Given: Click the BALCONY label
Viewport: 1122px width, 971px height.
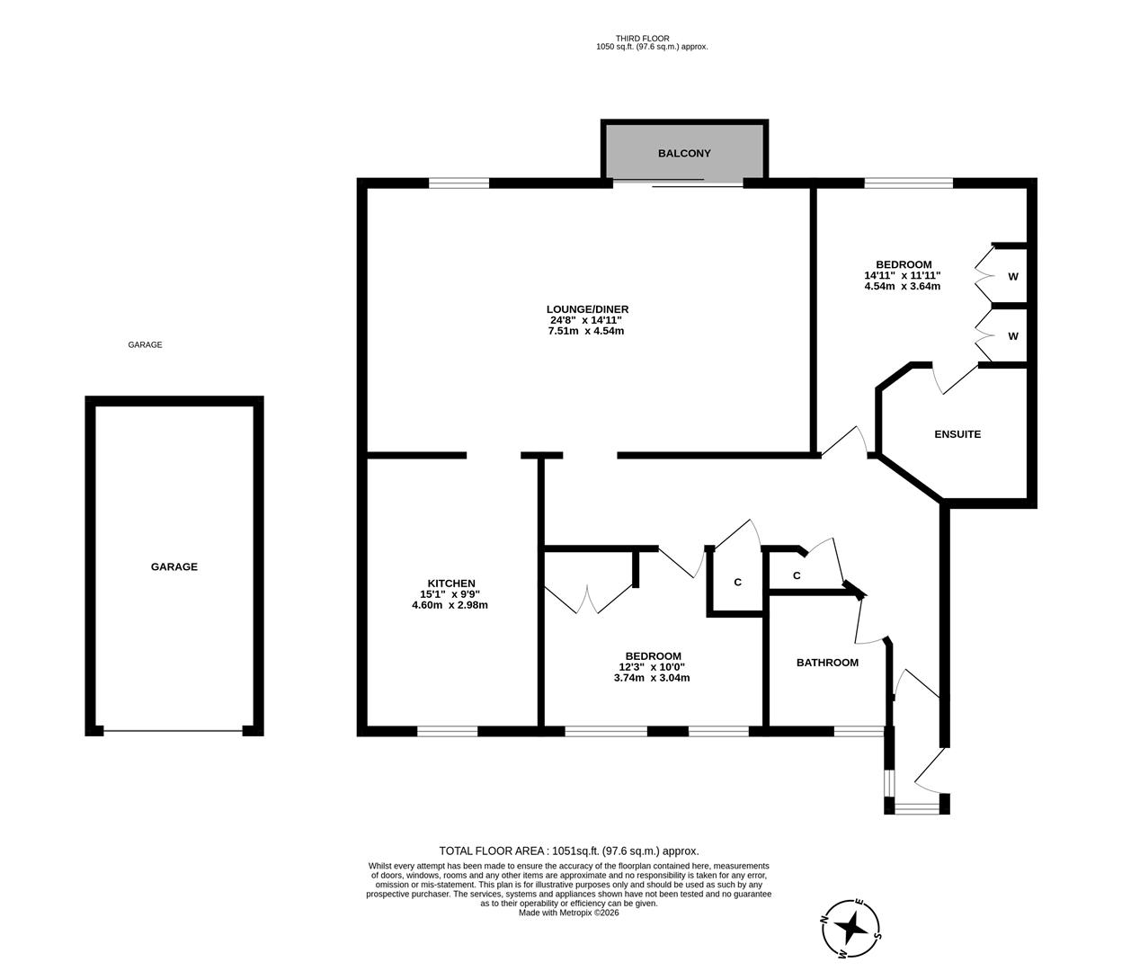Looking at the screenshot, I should [683, 154].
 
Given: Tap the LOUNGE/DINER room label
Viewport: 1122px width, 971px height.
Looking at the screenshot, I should [587, 309].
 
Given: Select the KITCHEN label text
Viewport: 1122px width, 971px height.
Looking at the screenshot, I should [450, 583].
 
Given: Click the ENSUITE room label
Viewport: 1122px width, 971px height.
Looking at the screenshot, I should [957, 434].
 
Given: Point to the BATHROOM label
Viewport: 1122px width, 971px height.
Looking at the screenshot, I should [827, 663].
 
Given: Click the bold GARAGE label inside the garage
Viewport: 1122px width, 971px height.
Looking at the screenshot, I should [174, 567].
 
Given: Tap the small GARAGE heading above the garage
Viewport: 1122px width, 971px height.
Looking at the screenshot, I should [145, 345].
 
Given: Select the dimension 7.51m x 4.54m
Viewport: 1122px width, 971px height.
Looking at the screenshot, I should [586, 331].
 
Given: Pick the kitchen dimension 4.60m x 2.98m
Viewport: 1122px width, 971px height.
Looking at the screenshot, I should [450, 605].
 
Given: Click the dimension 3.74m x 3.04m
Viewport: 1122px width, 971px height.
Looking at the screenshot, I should [653, 678].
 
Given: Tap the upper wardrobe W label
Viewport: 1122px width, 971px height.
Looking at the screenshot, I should [1012, 277].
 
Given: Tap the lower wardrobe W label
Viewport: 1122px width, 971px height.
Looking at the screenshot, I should [1012, 336].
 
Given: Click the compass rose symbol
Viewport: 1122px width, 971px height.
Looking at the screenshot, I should [851, 926].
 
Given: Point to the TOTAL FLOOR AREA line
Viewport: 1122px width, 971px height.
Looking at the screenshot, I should [568, 851].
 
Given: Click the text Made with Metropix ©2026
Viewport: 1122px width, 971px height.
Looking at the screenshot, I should [569, 913].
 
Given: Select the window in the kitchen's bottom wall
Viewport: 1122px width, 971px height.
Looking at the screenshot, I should [447, 731].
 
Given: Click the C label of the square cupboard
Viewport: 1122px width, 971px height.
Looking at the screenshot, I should [737, 583].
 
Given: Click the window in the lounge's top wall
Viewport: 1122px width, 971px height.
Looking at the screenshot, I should [459, 183].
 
